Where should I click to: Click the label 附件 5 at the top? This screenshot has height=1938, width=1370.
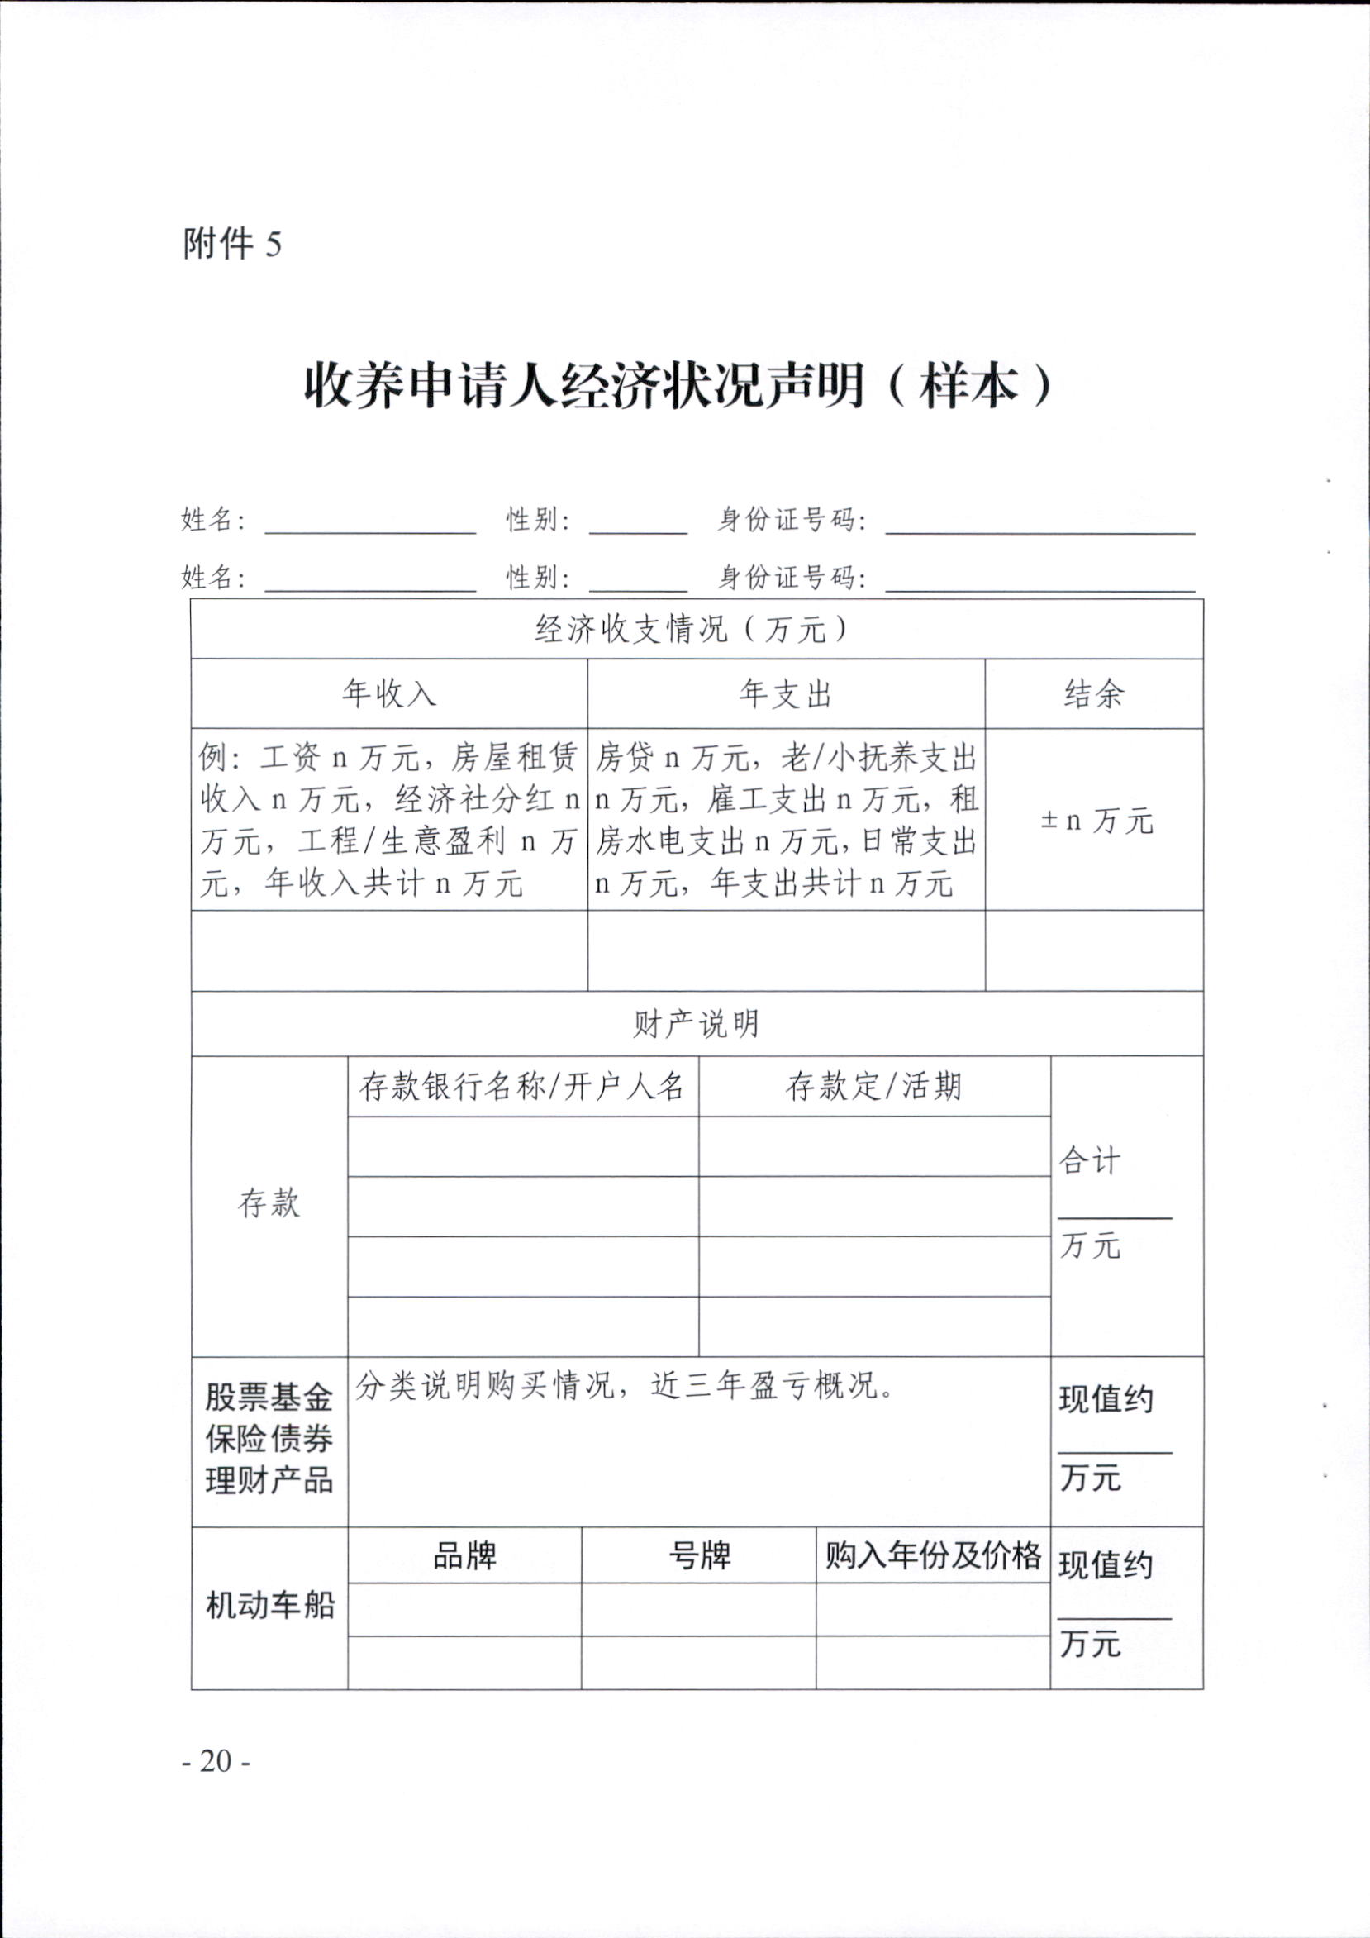[232, 245]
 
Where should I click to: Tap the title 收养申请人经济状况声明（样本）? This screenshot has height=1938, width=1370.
[678, 388]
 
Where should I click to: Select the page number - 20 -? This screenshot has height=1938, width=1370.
[216, 1761]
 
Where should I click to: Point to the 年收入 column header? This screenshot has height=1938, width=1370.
[389, 694]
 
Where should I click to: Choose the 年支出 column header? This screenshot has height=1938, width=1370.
[786, 694]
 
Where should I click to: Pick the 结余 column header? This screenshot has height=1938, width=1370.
[1094, 694]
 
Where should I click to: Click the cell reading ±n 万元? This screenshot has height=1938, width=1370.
[1096, 820]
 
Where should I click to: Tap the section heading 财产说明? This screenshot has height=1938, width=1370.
[697, 1024]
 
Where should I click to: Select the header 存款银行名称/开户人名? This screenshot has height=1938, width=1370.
[522, 1086]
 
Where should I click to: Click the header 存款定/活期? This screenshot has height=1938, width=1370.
[873, 1086]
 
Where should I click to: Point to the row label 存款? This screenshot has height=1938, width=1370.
[269, 1203]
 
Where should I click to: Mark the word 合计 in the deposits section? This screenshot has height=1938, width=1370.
[1090, 1161]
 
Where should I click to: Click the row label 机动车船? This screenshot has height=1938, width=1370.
[270, 1606]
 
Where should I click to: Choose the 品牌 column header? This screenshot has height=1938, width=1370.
[464, 1555]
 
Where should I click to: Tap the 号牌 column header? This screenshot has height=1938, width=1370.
[699, 1555]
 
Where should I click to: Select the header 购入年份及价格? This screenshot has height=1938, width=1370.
[933, 1555]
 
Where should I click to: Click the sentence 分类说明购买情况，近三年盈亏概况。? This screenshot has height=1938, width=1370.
[625, 1386]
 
